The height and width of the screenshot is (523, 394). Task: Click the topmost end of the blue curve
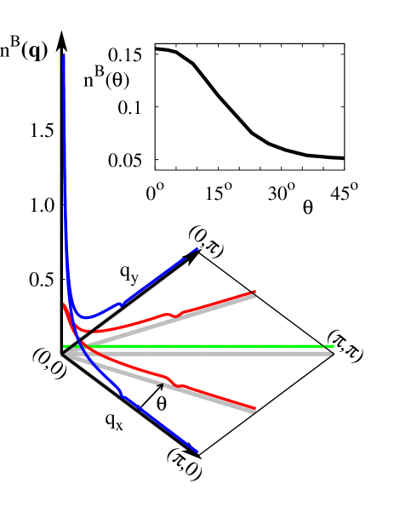coord(64,56)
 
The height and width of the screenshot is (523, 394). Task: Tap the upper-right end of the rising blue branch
coord(197,249)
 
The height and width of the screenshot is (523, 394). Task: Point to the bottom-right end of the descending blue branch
coord(197,452)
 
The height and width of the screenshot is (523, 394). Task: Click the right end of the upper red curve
coord(254,293)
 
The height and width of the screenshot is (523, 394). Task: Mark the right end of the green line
coord(333,346)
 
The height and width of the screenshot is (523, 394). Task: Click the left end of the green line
coord(65,346)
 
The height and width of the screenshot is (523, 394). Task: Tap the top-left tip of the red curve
coord(64,304)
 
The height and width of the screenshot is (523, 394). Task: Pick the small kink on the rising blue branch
coord(122,304)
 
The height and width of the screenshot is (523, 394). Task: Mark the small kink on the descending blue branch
coord(122,394)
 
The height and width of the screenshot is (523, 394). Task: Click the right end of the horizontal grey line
coord(332,353)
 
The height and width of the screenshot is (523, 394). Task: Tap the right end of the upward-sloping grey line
coord(254,296)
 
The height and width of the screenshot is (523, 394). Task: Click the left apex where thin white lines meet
coord(62,353)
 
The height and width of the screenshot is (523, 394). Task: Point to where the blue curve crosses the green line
coord(75,346)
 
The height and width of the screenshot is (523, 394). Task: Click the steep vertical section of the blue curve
coord(65,170)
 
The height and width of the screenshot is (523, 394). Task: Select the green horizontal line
coord(204,346)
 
